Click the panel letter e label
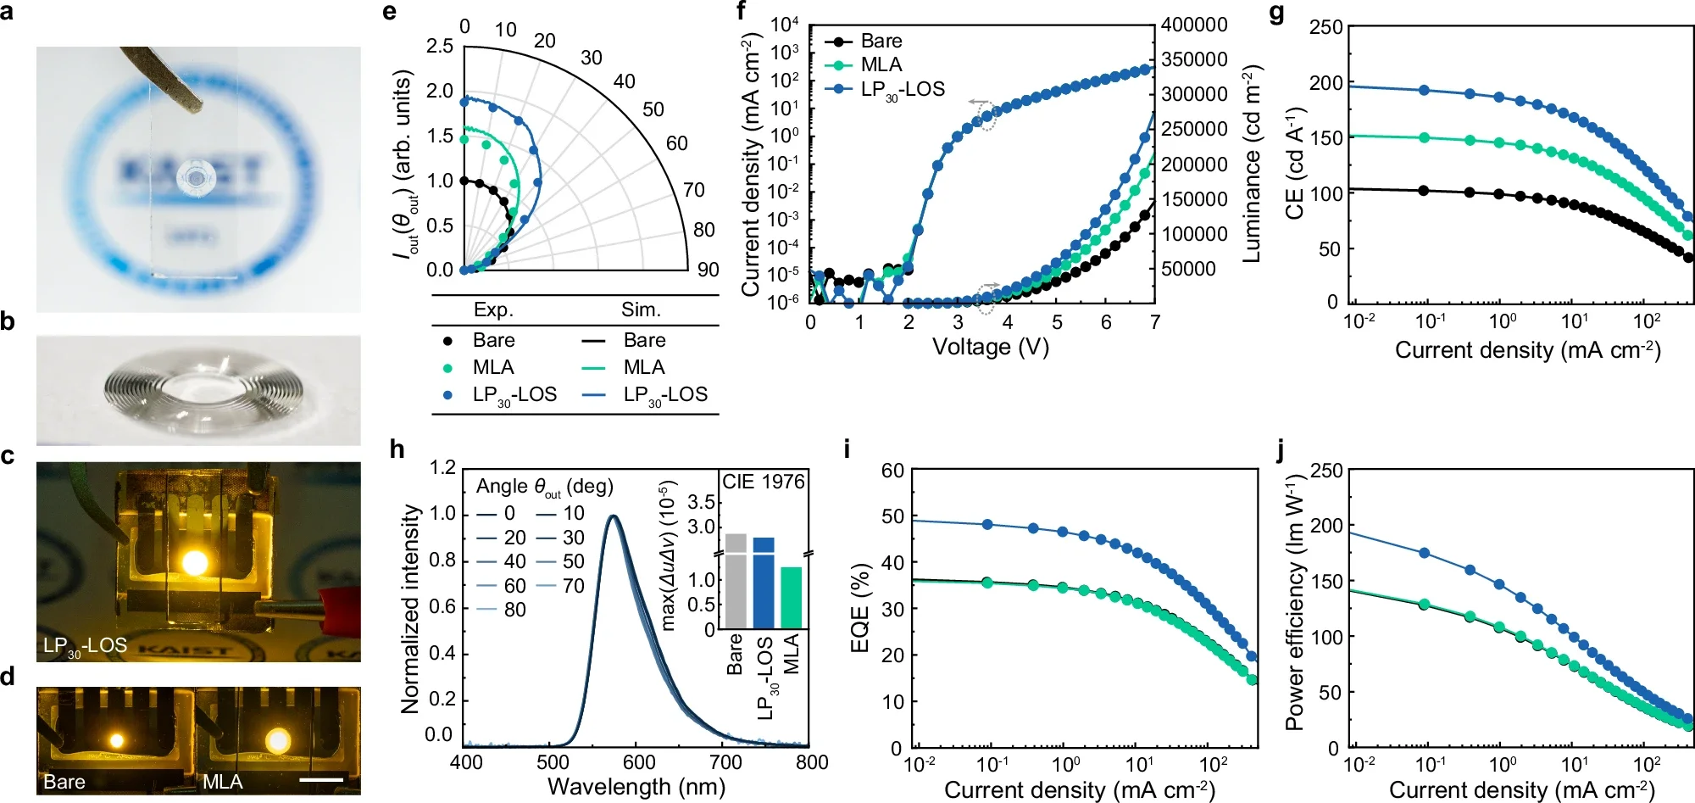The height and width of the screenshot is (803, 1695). pos(389,12)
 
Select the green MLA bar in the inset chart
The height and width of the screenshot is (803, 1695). pos(792,597)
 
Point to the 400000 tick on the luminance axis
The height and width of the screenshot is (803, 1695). pos(1194,25)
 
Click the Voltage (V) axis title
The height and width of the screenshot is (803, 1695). pos(990,347)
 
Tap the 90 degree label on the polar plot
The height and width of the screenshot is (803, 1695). pos(708,270)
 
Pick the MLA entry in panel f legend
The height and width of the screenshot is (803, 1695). pos(881,64)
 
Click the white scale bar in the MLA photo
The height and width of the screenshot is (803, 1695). pos(321,778)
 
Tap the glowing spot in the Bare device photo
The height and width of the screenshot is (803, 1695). pos(116,740)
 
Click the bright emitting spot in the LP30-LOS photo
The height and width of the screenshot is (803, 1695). pos(195,561)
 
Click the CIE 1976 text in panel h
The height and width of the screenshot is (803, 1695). pos(763,482)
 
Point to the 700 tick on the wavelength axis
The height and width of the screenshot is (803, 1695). pos(725,761)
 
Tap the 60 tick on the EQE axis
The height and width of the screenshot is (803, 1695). pos(892,471)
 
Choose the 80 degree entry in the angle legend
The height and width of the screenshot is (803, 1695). pos(514,610)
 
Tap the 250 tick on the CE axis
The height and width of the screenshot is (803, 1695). pos(1325,27)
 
